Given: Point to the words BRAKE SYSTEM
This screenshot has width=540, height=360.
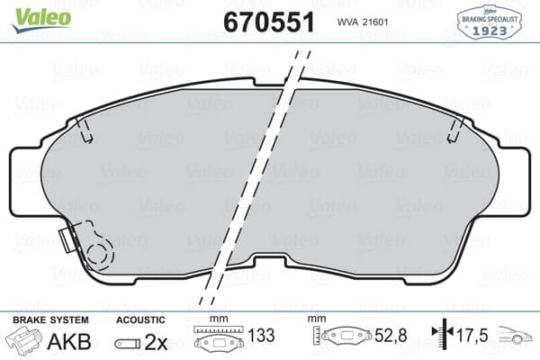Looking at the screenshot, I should [x=49, y=319].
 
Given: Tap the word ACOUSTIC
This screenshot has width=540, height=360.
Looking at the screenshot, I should [x=140, y=319].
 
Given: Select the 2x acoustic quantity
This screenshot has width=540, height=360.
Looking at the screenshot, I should [x=157, y=343].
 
